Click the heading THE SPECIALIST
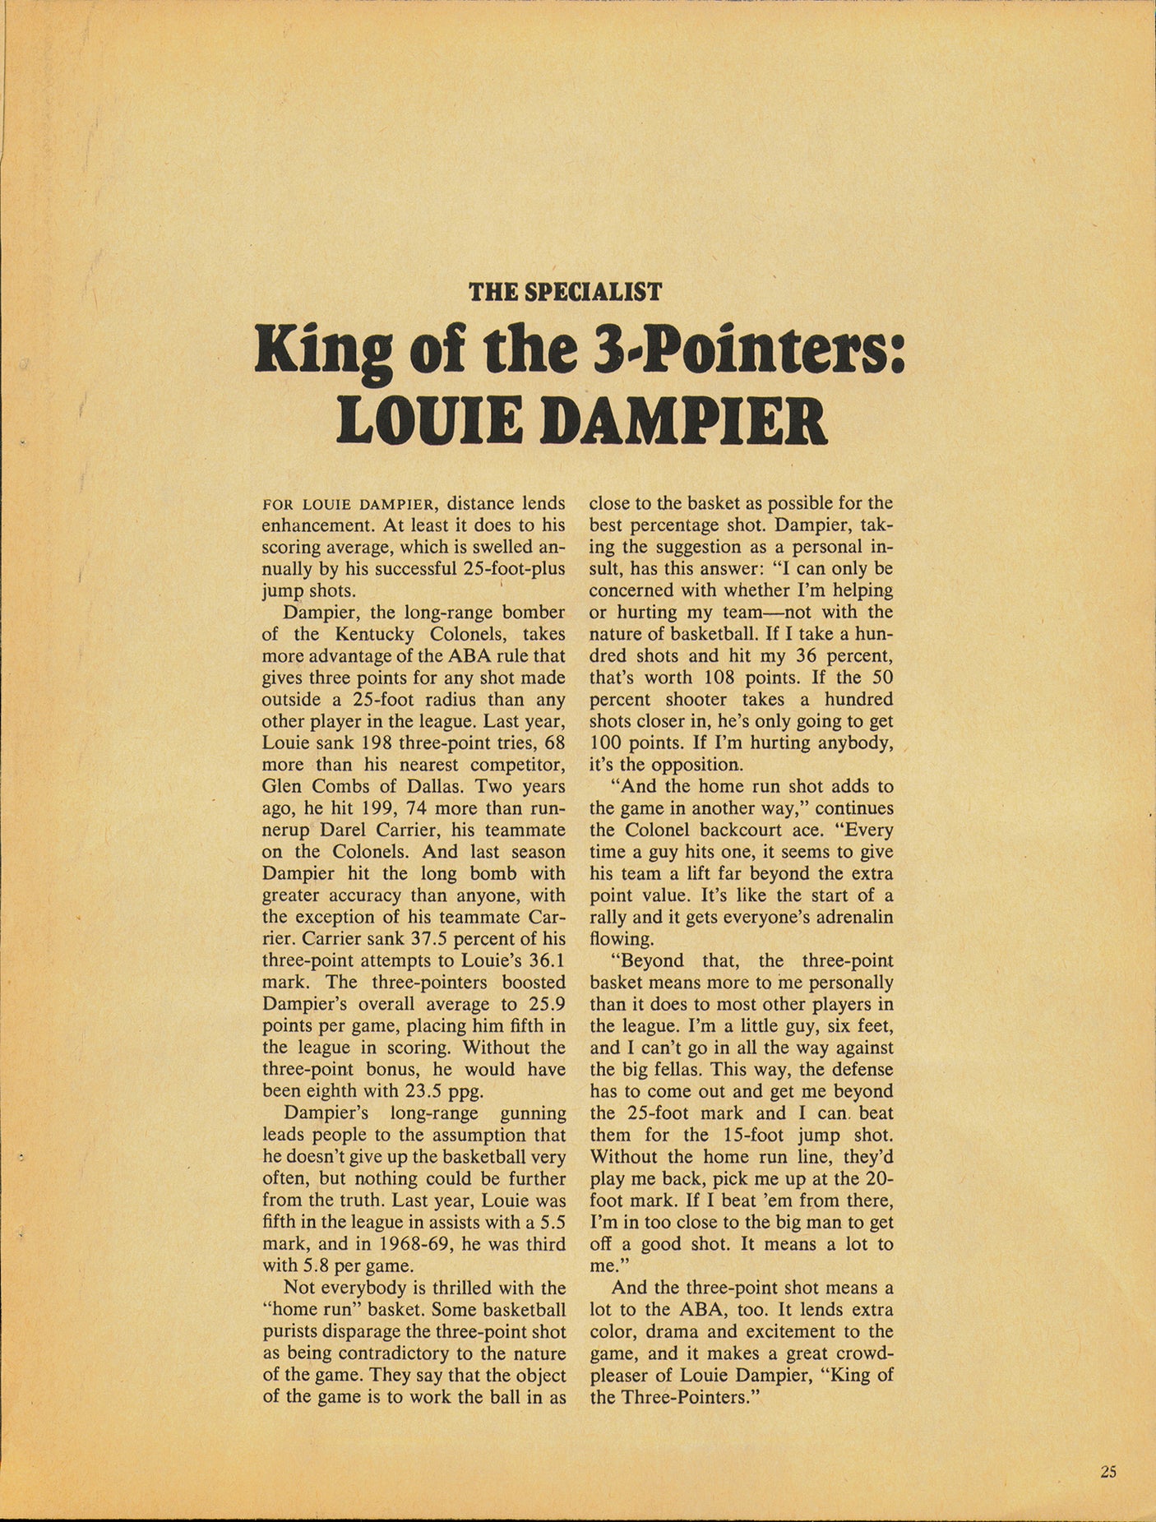coord(565,292)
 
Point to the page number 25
coord(1107,1472)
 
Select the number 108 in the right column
coord(723,678)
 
